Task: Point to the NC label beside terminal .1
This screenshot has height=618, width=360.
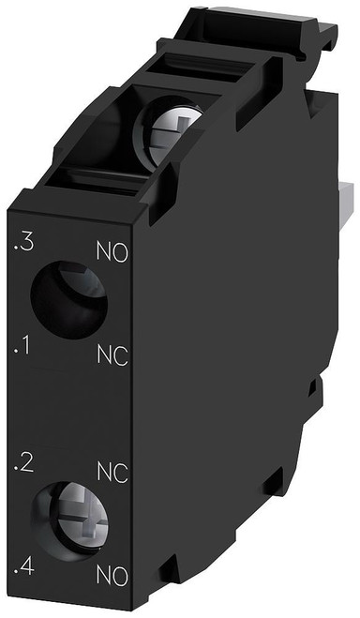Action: point(112,354)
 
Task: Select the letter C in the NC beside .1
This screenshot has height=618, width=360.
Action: point(121,354)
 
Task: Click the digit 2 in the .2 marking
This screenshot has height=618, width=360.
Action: point(28,462)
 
